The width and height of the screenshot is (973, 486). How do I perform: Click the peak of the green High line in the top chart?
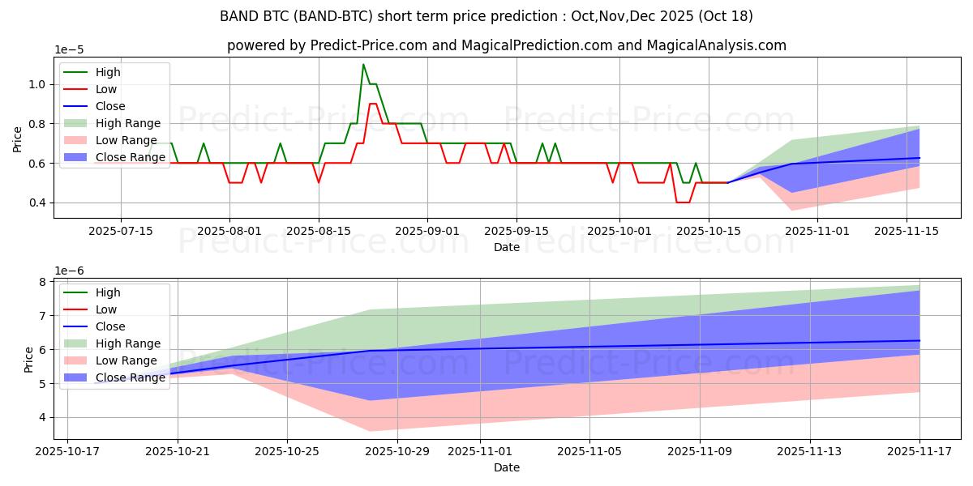[x=363, y=65]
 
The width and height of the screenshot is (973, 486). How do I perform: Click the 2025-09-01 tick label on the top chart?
[x=427, y=231]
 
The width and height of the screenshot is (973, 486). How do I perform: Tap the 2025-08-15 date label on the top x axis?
[x=319, y=231]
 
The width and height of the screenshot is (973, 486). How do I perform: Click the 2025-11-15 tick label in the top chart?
[x=906, y=231]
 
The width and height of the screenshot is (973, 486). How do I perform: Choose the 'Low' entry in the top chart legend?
[x=106, y=89]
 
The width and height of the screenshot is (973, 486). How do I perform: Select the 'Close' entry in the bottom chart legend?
[x=110, y=326]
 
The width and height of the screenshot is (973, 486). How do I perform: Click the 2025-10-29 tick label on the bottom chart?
[x=396, y=451]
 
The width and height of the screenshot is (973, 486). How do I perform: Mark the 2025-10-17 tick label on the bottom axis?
[x=67, y=451]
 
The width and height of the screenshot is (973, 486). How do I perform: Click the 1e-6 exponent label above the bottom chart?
[x=69, y=270]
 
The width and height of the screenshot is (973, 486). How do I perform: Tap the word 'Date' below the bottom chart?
[x=507, y=467]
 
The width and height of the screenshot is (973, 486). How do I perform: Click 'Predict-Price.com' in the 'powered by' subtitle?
[x=370, y=45]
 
